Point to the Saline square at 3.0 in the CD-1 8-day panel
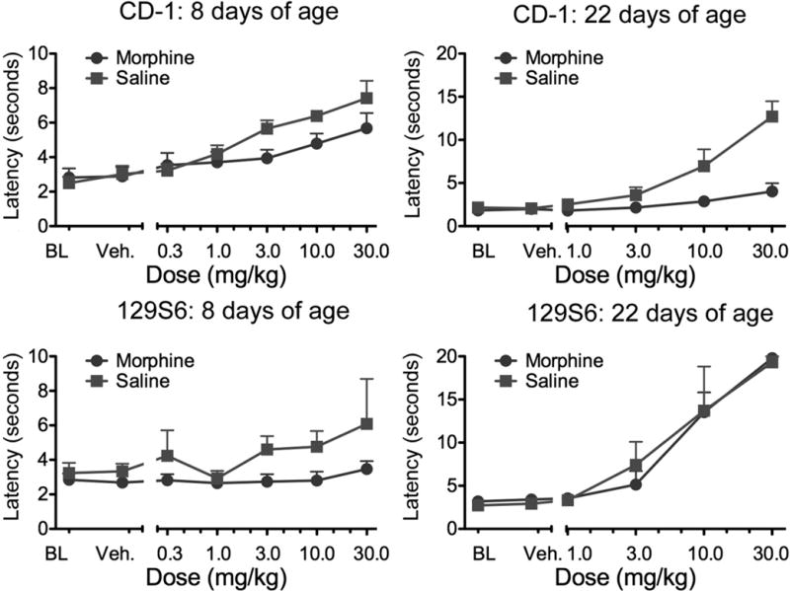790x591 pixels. (267, 128)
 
